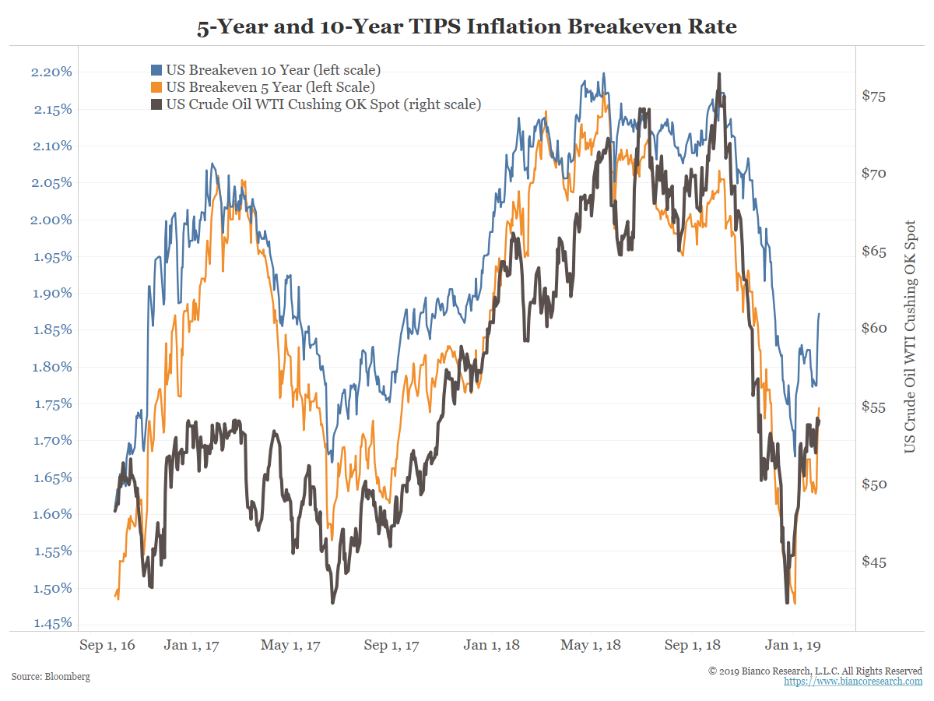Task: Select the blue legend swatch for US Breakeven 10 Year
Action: [x=156, y=70]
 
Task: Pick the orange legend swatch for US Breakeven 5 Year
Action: [x=156, y=87]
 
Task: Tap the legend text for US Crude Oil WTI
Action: [x=324, y=104]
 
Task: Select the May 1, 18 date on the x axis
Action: [x=591, y=645]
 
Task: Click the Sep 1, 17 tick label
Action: [x=392, y=645]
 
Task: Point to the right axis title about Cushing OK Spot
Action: [x=909, y=336]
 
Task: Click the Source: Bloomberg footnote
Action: [x=51, y=677]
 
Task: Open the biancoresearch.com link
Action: [x=852, y=681]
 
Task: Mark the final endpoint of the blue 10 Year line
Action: [x=819, y=314]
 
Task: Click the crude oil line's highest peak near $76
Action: [x=719, y=74]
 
